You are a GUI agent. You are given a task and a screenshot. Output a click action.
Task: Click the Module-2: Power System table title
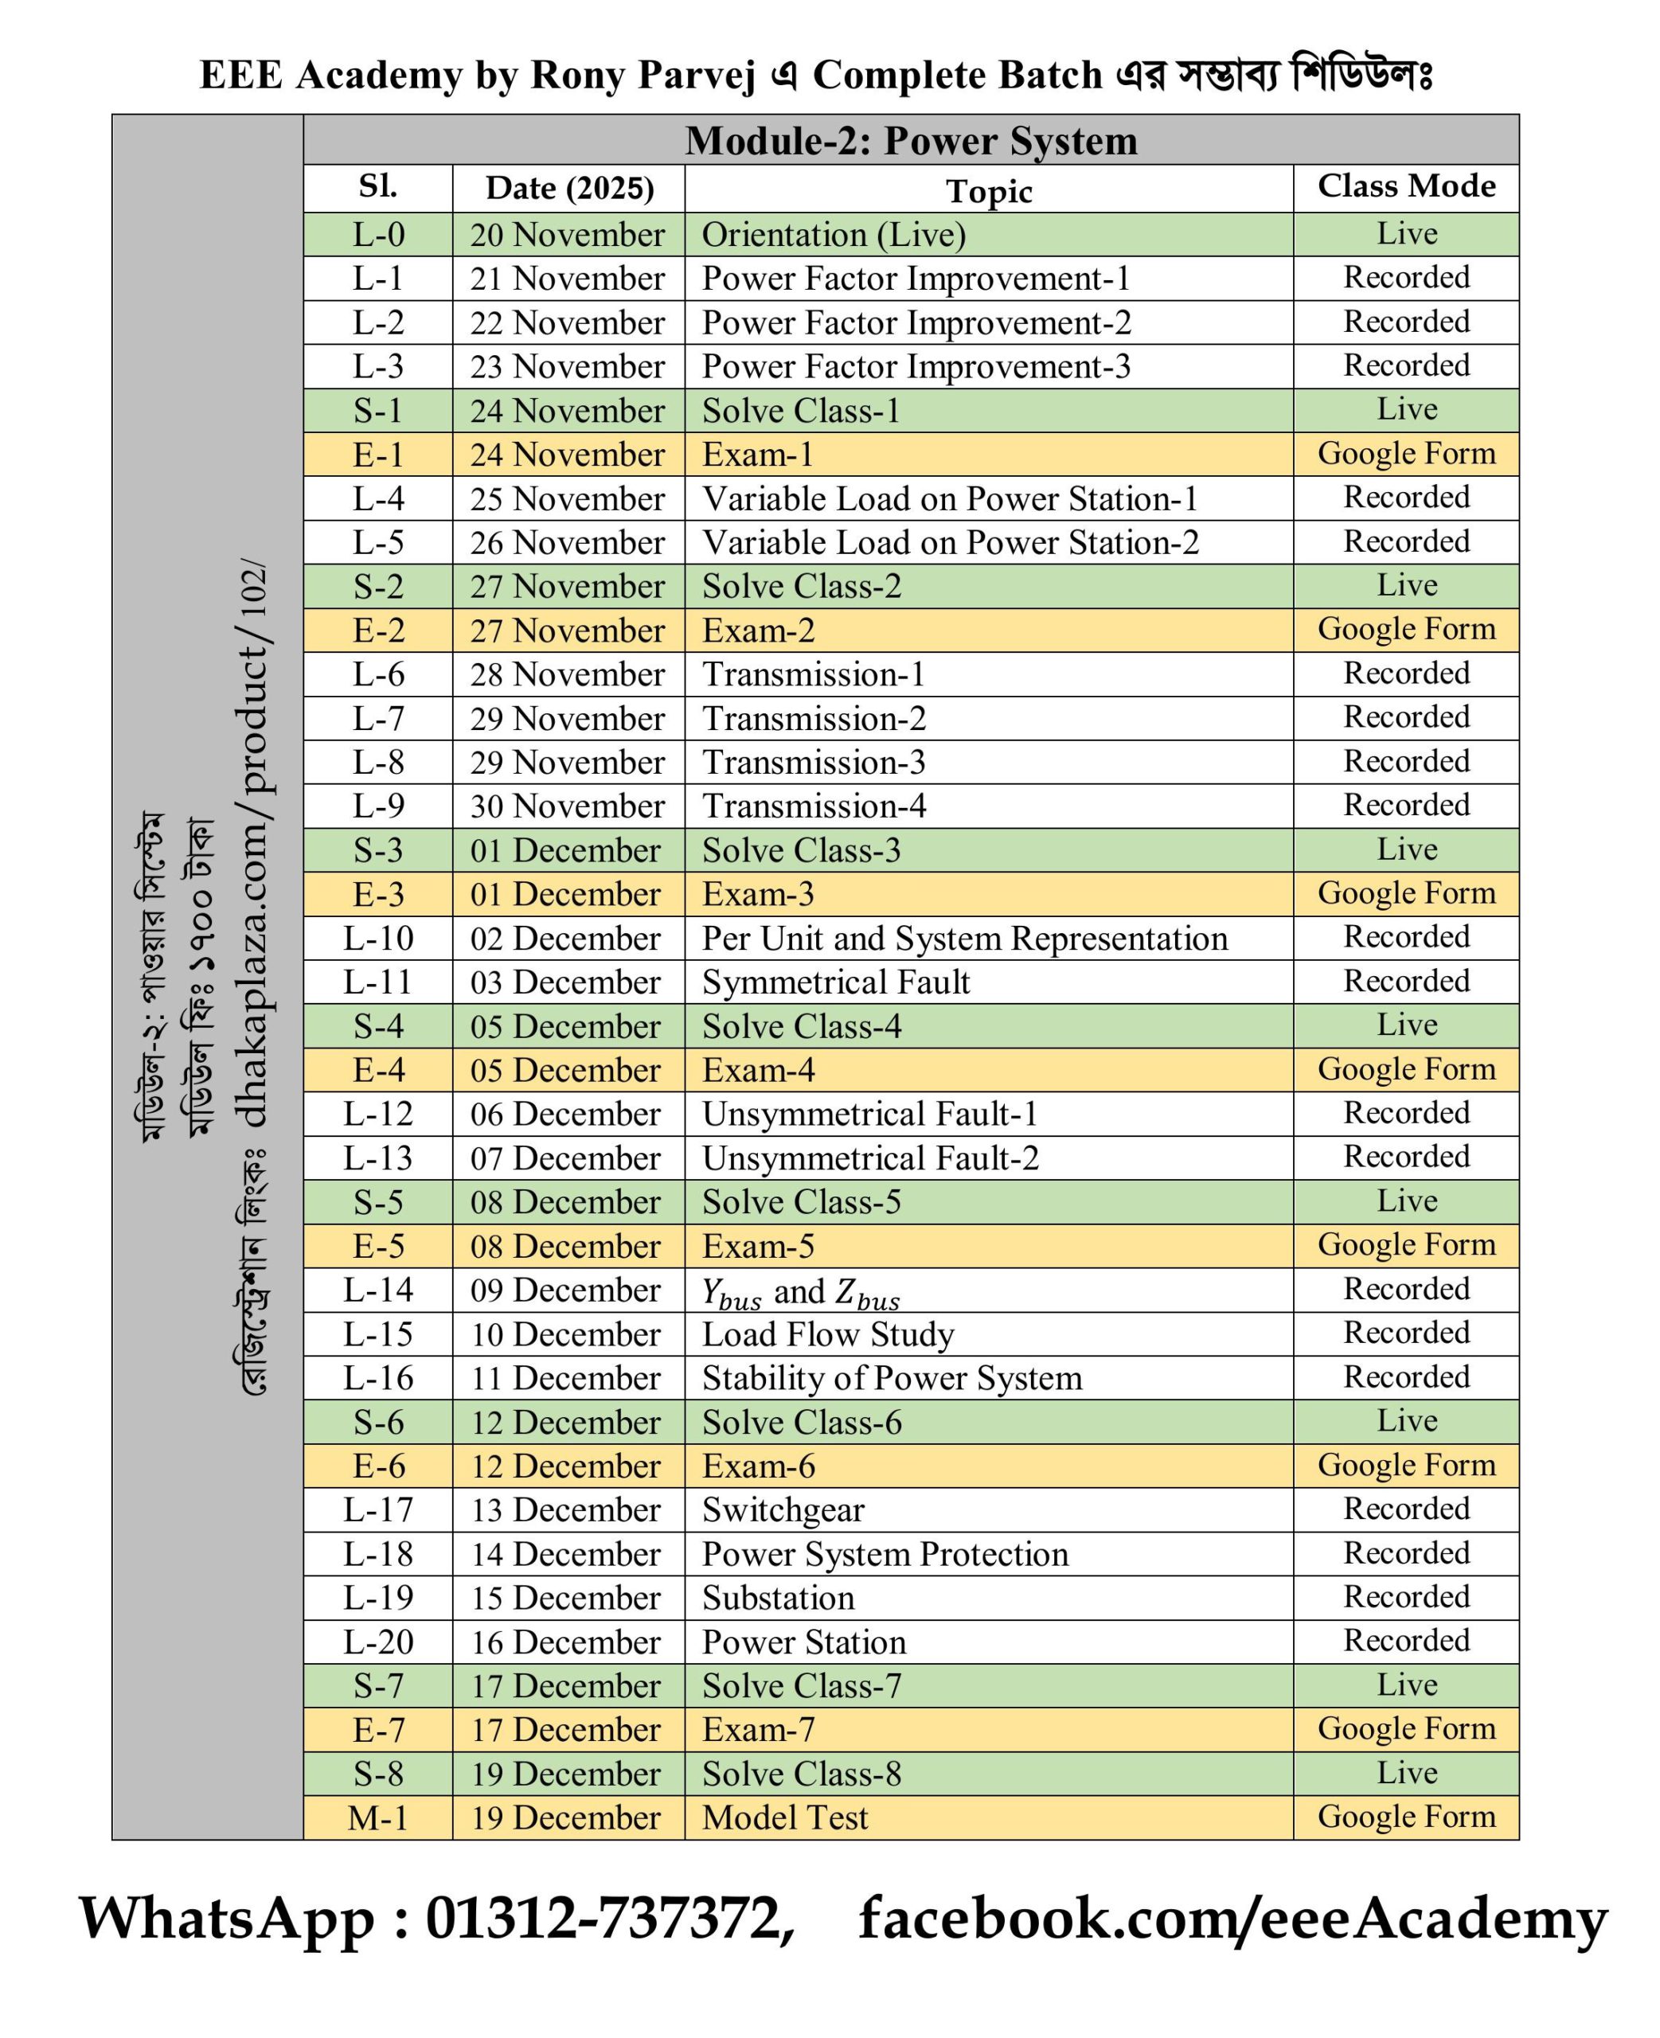tap(910, 141)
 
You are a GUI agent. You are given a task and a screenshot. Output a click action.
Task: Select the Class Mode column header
tap(1406, 185)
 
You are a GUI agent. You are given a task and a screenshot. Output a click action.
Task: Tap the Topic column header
tap(989, 191)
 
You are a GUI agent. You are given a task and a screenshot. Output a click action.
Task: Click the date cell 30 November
tap(567, 806)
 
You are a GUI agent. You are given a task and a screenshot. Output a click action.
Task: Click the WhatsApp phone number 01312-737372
tap(608, 1917)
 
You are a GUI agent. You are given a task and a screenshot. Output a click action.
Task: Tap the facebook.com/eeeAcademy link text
tap(1232, 1917)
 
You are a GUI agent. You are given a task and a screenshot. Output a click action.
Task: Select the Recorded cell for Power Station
tap(1406, 1640)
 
